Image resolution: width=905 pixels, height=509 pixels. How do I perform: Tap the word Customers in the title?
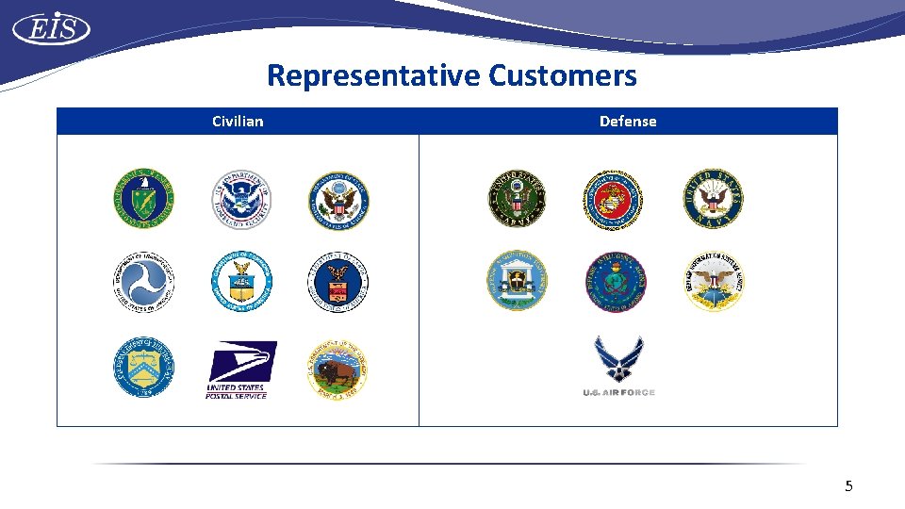563,75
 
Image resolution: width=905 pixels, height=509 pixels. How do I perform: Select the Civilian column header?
238,121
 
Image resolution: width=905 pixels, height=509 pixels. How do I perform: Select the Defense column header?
628,121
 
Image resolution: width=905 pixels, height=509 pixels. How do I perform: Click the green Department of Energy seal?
144,200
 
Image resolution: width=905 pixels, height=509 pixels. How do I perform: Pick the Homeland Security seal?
241,200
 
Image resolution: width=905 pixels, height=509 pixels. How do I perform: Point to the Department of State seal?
338,200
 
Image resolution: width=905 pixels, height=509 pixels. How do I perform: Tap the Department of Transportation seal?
144,281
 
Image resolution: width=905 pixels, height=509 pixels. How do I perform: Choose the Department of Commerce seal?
241,281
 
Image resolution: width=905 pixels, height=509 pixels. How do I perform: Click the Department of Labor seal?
338,281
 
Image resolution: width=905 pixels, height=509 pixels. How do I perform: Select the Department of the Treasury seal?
144,368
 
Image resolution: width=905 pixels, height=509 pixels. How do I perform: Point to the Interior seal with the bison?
338,368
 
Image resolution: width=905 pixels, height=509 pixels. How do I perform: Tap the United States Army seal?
517,200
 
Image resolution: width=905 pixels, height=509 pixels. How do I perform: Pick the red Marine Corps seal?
614,200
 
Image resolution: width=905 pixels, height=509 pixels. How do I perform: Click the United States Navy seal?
713,198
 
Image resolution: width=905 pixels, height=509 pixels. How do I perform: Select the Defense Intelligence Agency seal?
616,281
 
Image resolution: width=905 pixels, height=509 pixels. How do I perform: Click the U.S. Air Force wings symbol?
618,359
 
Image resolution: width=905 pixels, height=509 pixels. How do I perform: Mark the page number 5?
848,486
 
